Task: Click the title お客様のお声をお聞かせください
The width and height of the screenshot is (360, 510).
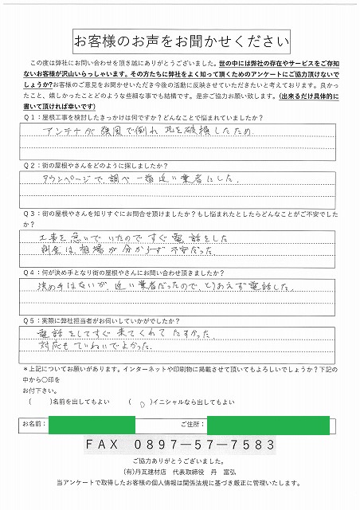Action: (180, 41)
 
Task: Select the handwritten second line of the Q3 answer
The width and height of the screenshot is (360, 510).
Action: (119, 254)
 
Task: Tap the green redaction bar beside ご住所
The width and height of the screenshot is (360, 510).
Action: (268, 426)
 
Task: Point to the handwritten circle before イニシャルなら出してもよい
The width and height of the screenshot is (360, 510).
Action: (141, 404)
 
